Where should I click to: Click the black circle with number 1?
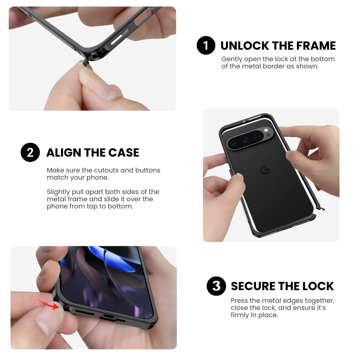(x=206, y=45)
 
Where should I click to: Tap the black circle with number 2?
(x=30, y=152)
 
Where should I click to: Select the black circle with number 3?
(x=216, y=286)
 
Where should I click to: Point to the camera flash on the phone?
(x=266, y=130)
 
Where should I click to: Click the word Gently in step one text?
(x=232, y=59)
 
